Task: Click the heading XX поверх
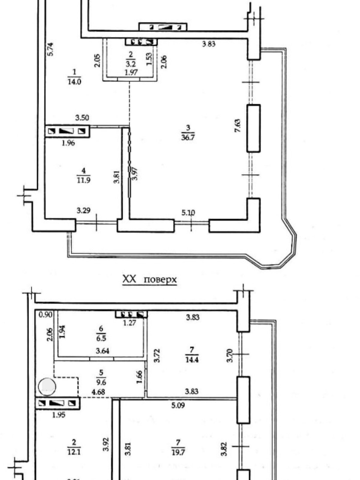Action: (149, 279)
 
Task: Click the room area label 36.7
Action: (188, 137)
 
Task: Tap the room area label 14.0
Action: (74, 82)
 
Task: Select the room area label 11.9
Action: (83, 180)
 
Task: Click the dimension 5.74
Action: (50, 49)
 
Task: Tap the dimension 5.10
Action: (188, 213)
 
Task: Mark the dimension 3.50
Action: (82, 118)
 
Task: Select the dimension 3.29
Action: (83, 211)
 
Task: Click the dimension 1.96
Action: (68, 143)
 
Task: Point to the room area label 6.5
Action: (101, 339)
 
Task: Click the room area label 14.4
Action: (192, 359)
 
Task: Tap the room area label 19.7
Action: (178, 452)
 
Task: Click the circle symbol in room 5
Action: (47, 387)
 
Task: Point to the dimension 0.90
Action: (46, 315)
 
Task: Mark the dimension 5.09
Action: (178, 405)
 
